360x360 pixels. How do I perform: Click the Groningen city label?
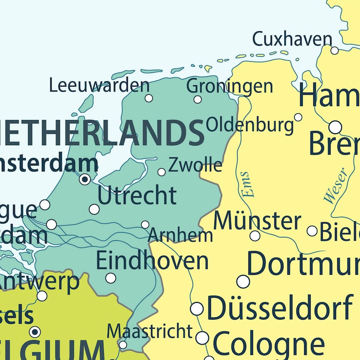pos(229,86)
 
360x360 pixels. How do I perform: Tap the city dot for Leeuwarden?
pos(149,98)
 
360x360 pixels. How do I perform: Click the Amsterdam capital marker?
pos(85,180)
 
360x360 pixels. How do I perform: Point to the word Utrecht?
pos(137,196)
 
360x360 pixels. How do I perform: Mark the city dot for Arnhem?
pos(145,224)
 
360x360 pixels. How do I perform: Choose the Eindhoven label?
pos(152,261)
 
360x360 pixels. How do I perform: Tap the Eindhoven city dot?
pos(111,278)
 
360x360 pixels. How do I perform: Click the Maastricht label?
pos(150,331)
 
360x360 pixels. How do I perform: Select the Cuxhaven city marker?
pos(335,50)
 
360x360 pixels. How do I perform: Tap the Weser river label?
pos(336,185)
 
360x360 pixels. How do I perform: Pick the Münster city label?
pos(257,221)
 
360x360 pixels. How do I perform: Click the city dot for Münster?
pos(255,236)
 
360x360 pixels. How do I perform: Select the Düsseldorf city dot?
pos(197,309)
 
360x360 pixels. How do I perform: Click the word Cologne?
pos(268,344)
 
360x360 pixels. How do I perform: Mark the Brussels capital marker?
pos(35,332)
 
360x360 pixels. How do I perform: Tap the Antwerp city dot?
pos(42,296)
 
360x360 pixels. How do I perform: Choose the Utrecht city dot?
pos(94,209)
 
